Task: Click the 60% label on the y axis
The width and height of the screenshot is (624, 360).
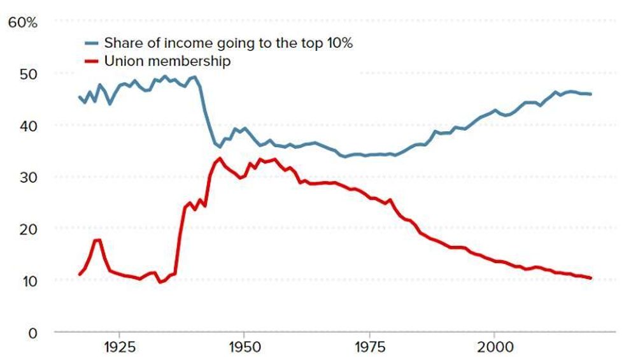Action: tap(23, 22)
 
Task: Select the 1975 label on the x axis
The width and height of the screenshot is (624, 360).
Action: tap(369, 348)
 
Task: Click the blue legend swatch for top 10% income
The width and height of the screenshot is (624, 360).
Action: tap(92, 44)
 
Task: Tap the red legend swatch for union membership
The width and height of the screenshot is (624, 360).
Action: tap(92, 62)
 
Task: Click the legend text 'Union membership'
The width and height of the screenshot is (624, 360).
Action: tap(167, 61)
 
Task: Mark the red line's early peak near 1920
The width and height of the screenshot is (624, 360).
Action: tap(97, 240)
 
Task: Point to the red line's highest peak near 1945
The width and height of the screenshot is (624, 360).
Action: tap(220, 158)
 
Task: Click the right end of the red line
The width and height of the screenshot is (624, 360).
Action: tap(591, 278)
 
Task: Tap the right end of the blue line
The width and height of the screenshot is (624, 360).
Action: tap(591, 94)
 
